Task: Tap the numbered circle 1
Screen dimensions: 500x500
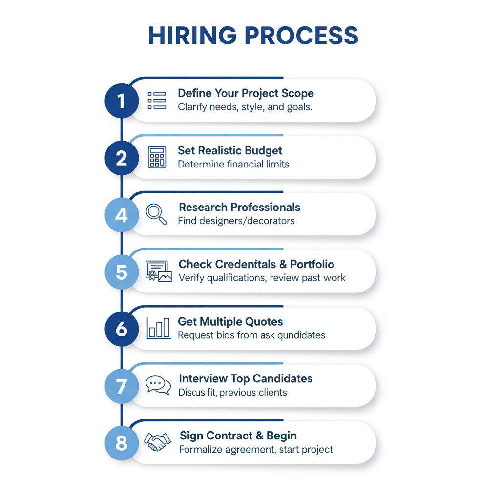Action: (x=121, y=101)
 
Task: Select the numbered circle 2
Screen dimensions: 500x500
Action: (x=121, y=158)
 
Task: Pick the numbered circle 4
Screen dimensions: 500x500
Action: (x=121, y=215)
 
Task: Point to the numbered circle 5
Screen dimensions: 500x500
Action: (x=121, y=272)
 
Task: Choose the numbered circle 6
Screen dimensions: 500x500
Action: (x=121, y=329)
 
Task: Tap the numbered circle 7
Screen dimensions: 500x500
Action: (x=121, y=386)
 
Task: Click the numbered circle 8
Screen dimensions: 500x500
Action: (x=121, y=443)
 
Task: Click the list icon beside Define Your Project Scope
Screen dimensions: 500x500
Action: (x=157, y=100)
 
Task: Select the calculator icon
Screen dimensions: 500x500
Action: (x=157, y=158)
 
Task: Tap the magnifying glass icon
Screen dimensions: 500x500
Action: (x=156, y=214)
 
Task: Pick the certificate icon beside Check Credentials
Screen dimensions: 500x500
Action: (x=158, y=271)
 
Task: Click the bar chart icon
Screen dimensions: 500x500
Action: (x=158, y=328)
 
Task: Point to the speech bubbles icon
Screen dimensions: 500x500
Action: (x=158, y=385)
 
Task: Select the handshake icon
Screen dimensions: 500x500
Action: (x=157, y=442)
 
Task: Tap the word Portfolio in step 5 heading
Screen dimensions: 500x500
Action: (x=312, y=264)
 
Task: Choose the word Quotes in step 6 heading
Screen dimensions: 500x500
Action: (x=264, y=322)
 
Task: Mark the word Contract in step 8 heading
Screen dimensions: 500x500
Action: (x=231, y=436)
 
